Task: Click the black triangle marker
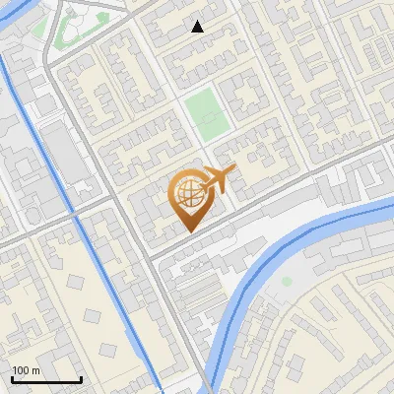click(x=198, y=27)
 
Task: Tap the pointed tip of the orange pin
click(x=188, y=231)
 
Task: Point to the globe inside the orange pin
click(x=188, y=194)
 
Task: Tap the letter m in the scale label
click(x=36, y=370)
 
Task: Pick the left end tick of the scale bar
click(x=12, y=378)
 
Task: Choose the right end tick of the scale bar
click(x=81, y=378)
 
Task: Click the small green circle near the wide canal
click(x=287, y=282)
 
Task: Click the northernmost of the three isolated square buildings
click(x=77, y=283)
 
